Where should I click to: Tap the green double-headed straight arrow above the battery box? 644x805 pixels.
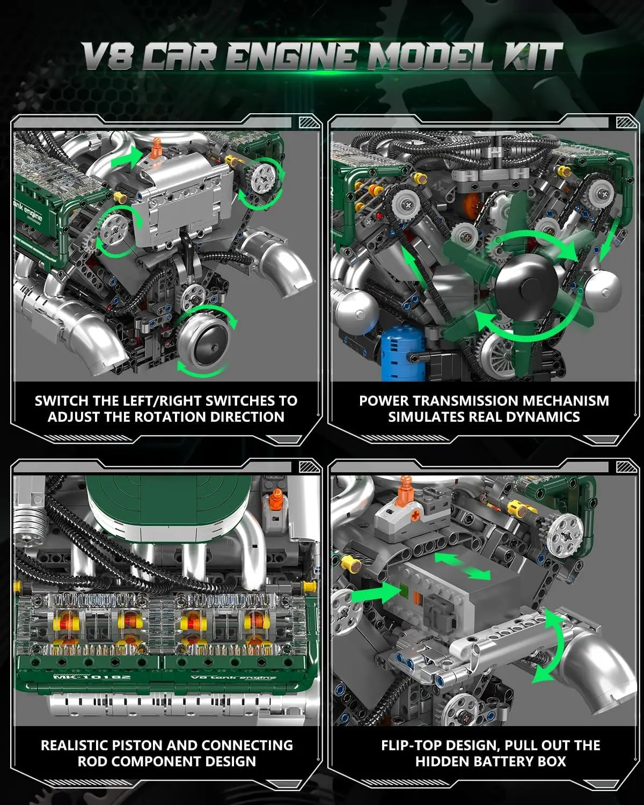pyautogui.click(x=463, y=567)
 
